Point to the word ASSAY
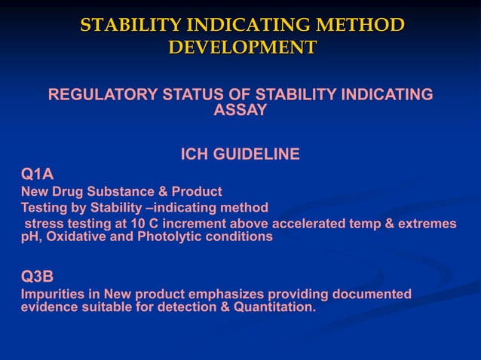tap(240, 110)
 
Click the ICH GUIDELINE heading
tap(240, 155)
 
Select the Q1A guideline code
tap(37, 175)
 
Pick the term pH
tap(29, 236)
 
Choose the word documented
tap(369, 294)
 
